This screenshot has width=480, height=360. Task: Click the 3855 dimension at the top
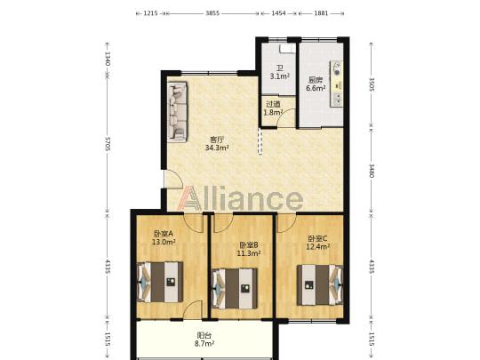[x=212, y=13]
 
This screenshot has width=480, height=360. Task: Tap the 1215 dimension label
[x=150, y=13]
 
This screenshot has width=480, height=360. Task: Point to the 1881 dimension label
[x=321, y=13]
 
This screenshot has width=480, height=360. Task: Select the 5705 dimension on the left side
[x=108, y=143]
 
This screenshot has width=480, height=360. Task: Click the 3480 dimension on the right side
[x=372, y=171]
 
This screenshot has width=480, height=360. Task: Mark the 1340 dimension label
[x=108, y=58]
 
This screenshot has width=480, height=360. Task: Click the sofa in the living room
[x=178, y=112]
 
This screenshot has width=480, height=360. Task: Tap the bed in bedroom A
[x=160, y=282]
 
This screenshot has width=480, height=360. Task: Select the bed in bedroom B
[x=235, y=289]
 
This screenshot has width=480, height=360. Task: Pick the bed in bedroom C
[x=320, y=285]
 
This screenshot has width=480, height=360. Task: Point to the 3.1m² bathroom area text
[x=280, y=76]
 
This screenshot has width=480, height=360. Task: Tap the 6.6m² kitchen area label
[x=316, y=88]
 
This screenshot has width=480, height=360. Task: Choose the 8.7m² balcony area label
[x=204, y=344]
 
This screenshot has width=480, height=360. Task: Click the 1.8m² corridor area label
[x=273, y=112]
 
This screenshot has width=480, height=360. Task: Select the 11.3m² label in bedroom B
[x=249, y=253]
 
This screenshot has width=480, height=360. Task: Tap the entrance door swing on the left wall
[x=173, y=179]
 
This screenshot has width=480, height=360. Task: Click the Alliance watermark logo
[x=241, y=199]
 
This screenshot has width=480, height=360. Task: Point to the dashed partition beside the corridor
[x=260, y=141]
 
